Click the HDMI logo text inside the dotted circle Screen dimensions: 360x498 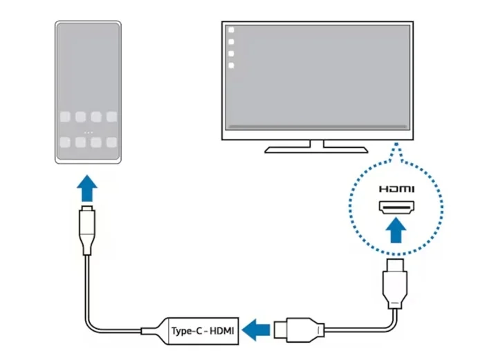click(396, 188)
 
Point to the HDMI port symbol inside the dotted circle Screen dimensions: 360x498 click(396, 207)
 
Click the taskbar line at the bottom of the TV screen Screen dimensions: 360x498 click(317, 126)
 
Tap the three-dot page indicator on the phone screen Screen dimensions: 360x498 click(87, 131)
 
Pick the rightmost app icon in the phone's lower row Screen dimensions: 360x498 click(111, 143)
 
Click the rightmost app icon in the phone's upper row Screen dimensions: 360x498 click(111, 117)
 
